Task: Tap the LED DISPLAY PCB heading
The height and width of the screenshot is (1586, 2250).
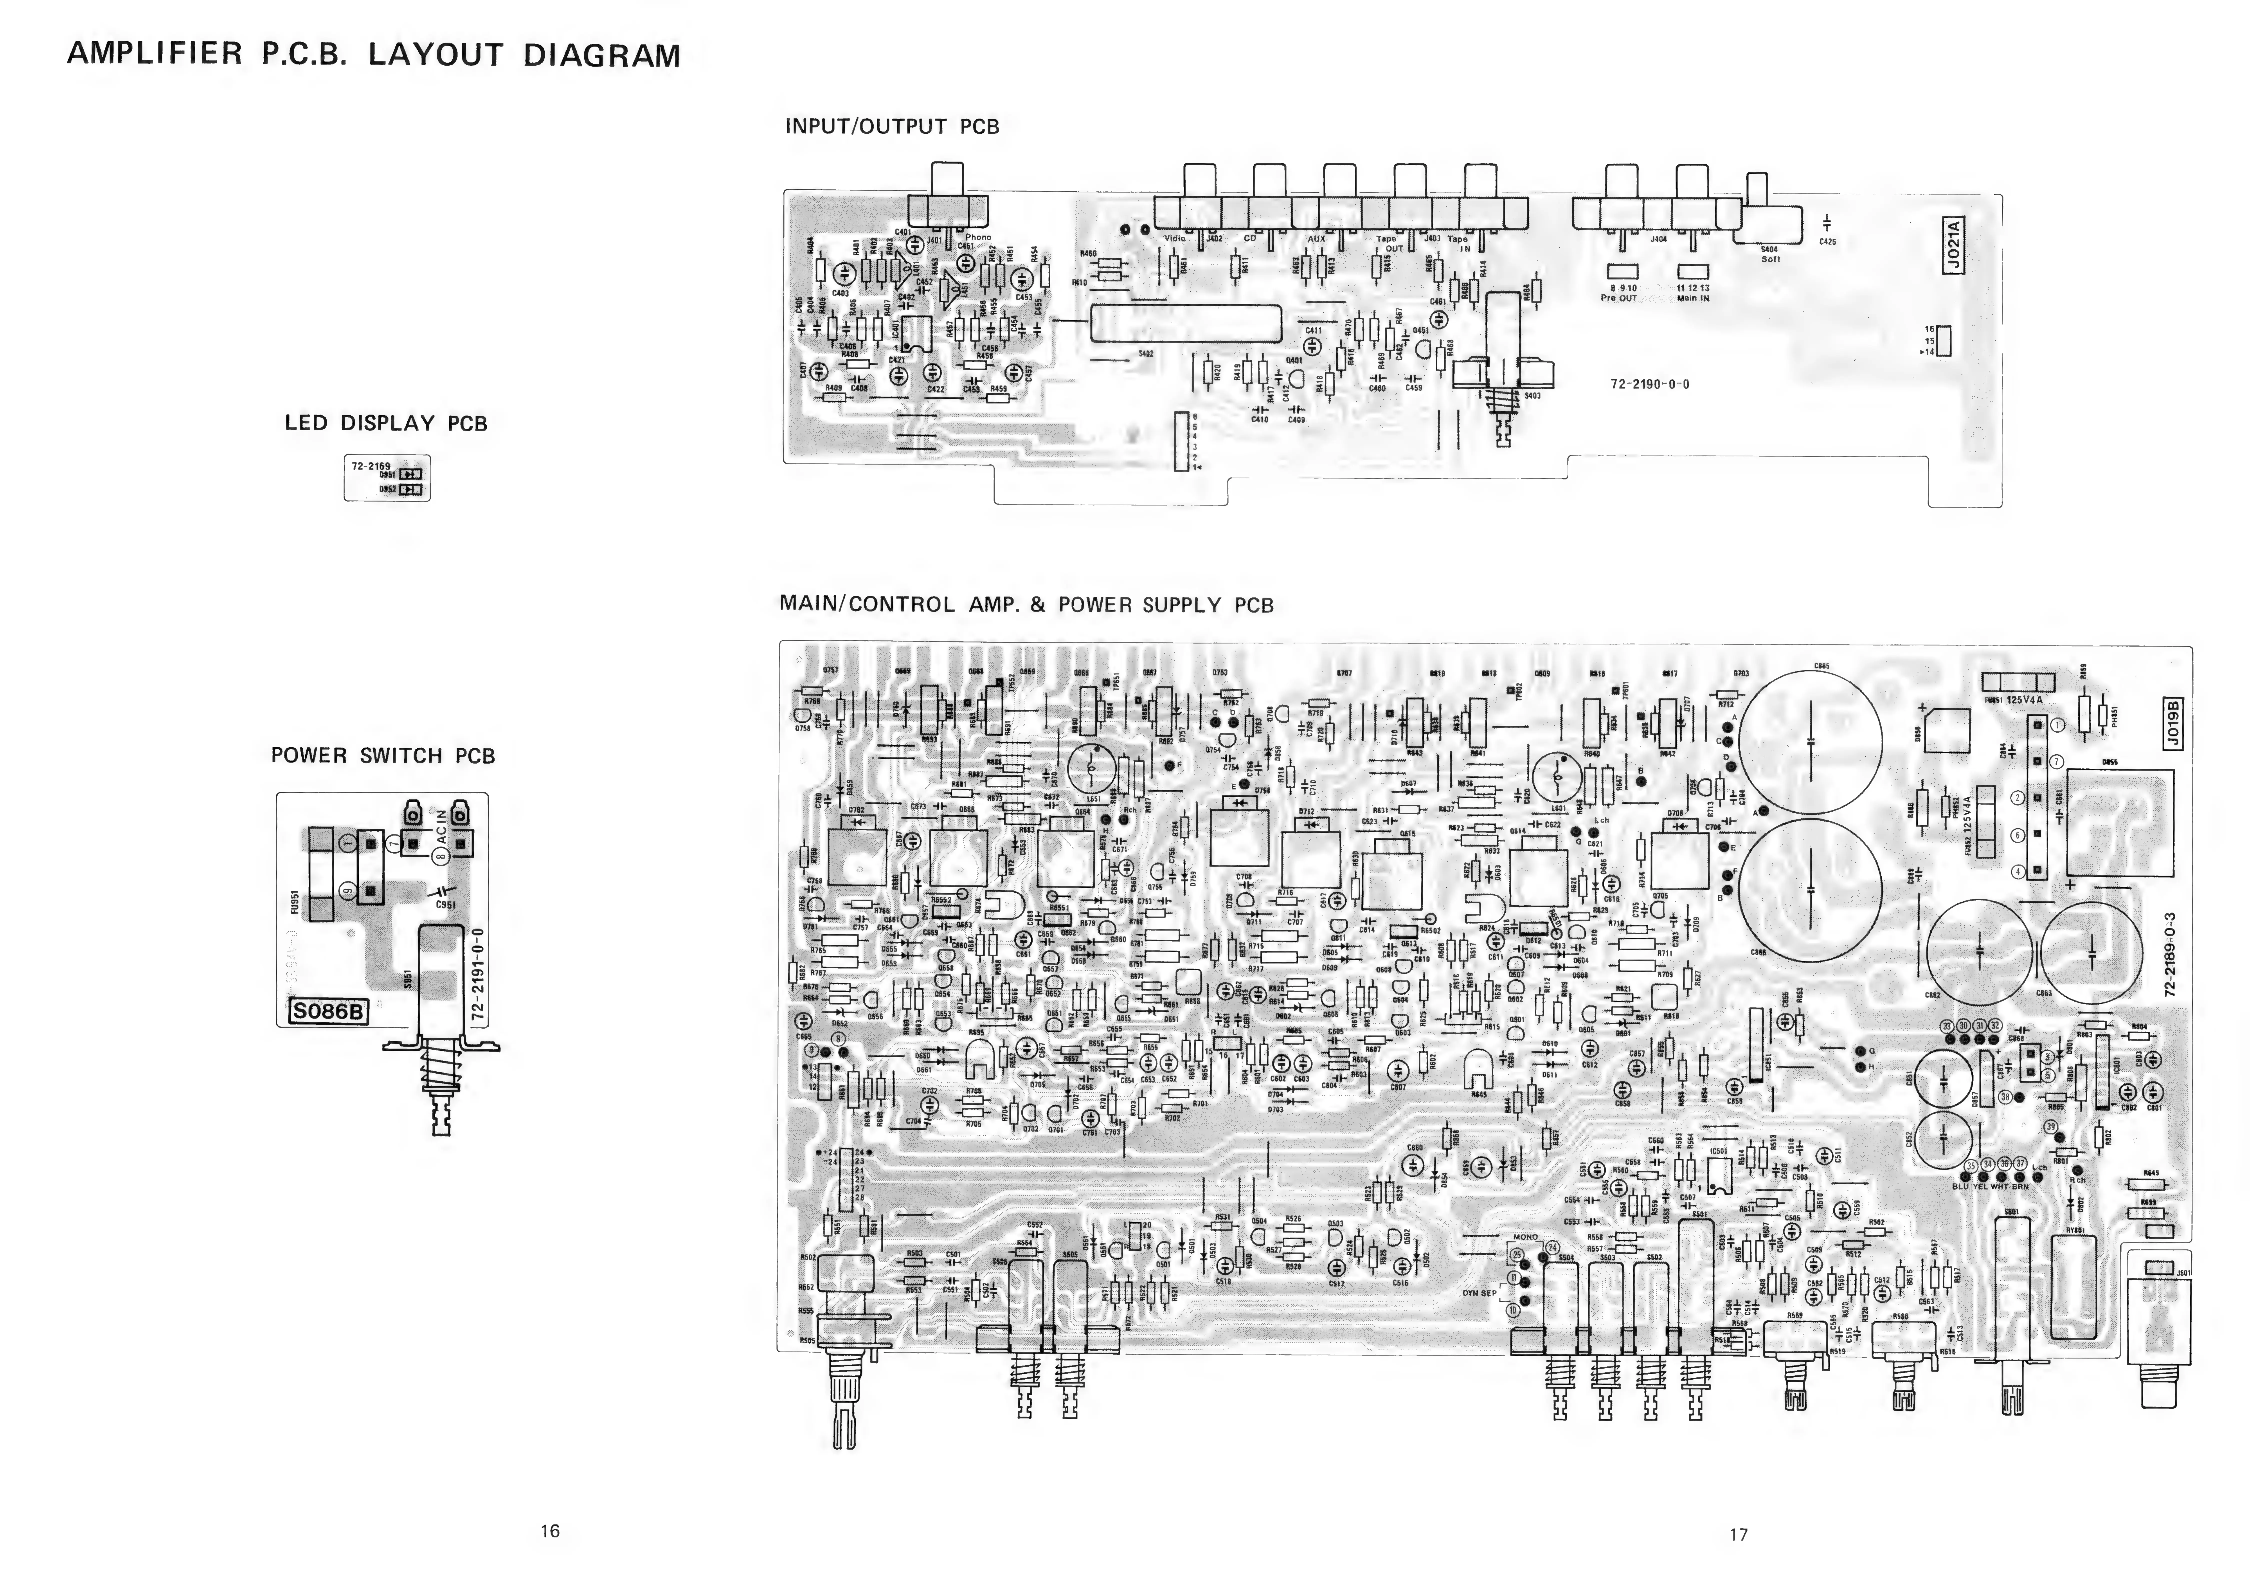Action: click(386, 423)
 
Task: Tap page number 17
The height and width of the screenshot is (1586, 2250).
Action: click(1737, 1534)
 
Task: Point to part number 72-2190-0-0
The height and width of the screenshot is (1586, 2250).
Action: click(1649, 384)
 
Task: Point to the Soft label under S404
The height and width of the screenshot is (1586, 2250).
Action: click(1770, 259)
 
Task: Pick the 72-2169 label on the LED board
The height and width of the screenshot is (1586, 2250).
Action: click(370, 465)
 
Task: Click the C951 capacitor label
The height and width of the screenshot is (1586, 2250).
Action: click(446, 905)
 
